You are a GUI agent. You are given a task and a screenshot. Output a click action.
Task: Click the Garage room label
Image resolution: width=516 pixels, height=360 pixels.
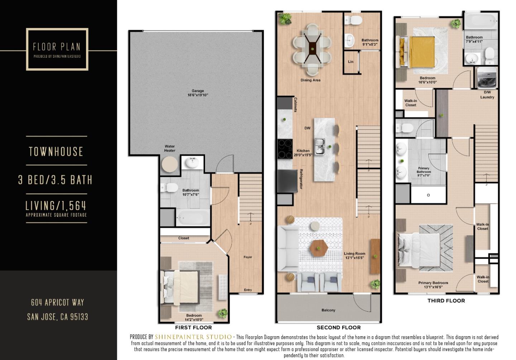coord(197,93)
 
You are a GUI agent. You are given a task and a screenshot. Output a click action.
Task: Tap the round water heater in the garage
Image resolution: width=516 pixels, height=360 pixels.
coord(169,164)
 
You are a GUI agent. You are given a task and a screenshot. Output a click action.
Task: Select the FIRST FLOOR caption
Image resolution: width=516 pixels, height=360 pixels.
coord(193,327)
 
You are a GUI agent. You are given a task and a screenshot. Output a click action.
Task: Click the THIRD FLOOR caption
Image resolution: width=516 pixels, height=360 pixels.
coord(446,301)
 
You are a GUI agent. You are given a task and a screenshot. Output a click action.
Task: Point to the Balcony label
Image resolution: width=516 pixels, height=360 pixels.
coord(328,310)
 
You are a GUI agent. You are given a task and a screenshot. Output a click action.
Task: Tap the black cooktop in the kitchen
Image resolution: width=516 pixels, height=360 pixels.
coord(285,149)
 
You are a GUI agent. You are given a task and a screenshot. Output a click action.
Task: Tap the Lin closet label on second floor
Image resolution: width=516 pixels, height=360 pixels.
coord(350,62)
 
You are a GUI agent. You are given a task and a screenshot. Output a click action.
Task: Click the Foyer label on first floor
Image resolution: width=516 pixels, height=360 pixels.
coord(248,257)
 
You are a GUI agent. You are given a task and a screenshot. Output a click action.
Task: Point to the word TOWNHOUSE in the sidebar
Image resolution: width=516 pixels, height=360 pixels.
coord(56,152)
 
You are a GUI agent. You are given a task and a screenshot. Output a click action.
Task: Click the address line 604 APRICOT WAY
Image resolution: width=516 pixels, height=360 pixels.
coord(57,303)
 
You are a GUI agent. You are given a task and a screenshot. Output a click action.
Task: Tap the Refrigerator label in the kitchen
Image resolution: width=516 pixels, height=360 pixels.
coord(301,179)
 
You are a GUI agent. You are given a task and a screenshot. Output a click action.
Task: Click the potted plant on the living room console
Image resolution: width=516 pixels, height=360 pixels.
coord(375,256)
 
